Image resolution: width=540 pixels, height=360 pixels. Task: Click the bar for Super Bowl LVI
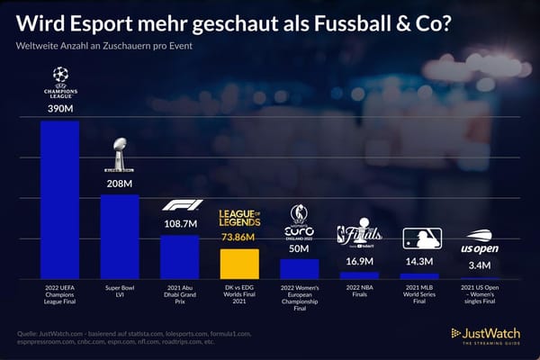pyautogui.click(x=119, y=236)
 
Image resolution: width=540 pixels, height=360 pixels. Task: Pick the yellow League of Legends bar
pyautogui.click(x=239, y=263)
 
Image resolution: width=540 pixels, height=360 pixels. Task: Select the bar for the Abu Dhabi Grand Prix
pyautogui.click(x=179, y=256)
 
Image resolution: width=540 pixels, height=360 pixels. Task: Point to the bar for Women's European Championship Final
pyautogui.click(x=299, y=268)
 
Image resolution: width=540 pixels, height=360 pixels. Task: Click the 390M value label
pyautogui.click(x=59, y=109)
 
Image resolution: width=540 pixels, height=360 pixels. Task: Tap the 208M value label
pyautogui.click(x=119, y=184)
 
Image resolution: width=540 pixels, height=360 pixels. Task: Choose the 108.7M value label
pyautogui.click(x=179, y=223)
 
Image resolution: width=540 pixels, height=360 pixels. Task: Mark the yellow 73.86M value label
pyautogui.click(x=239, y=237)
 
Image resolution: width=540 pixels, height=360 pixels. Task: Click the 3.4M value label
pyautogui.click(x=479, y=265)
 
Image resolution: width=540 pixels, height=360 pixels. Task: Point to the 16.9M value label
pyautogui.click(x=359, y=261)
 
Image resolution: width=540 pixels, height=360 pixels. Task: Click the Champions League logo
pyautogui.click(x=59, y=81)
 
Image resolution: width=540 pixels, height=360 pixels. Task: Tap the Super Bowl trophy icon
pyautogui.click(x=119, y=155)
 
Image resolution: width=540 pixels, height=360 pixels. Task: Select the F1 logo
pyautogui.click(x=179, y=205)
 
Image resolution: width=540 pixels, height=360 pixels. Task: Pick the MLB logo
pyautogui.click(x=419, y=238)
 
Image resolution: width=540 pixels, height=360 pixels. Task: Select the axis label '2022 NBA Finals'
pyautogui.click(x=359, y=292)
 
